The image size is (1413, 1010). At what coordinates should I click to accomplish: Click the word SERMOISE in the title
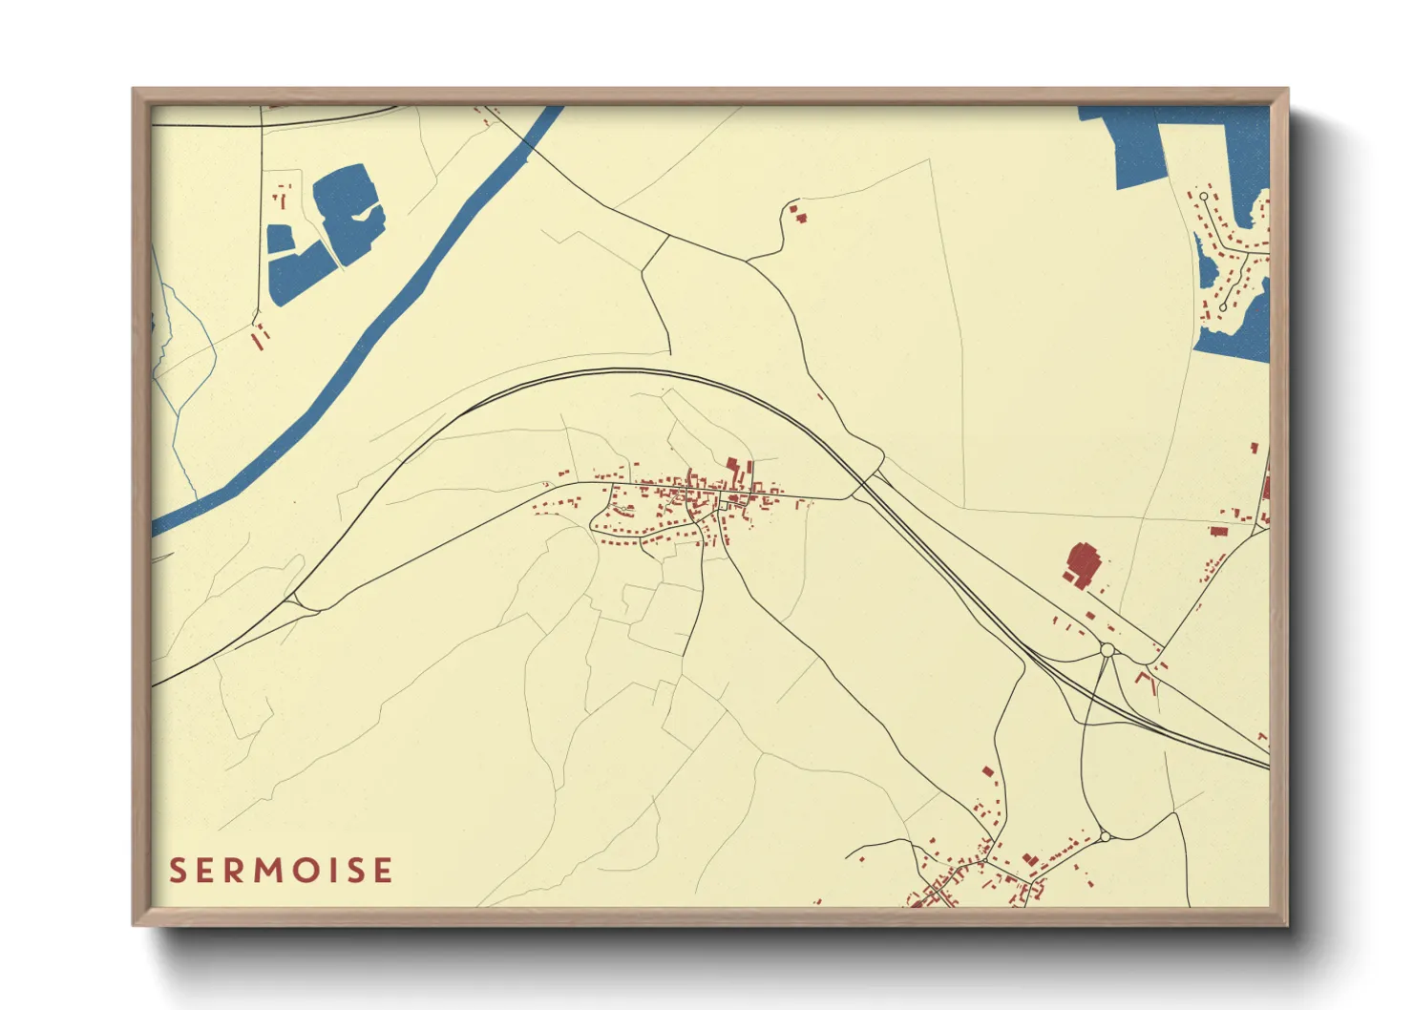tap(281, 871)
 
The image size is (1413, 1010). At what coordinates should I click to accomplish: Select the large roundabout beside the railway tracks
tap(1107, 650)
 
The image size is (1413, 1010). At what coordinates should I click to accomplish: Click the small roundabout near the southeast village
tap(1105, 836)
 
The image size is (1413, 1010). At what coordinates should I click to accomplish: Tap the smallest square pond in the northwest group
tap(280, 239)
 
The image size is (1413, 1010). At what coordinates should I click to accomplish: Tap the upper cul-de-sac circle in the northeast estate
tap(1204, 197)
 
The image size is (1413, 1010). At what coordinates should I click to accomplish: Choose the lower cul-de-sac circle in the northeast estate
tap(1222, 307)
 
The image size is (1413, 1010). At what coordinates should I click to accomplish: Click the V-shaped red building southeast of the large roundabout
tap(1144, 681)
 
